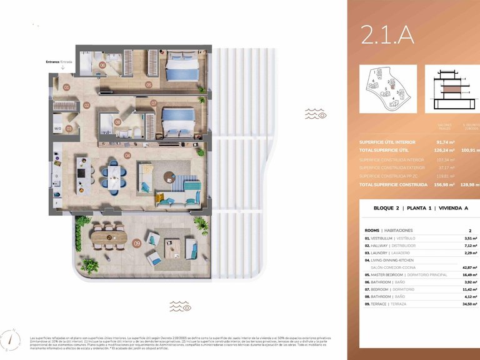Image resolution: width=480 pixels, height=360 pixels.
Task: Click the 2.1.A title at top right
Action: coord(387,36)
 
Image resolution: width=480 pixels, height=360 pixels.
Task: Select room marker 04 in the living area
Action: coord(127,155)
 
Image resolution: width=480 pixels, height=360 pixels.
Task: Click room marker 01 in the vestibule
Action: coord(67,87)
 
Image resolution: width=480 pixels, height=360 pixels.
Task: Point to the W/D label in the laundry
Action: coord(58,129)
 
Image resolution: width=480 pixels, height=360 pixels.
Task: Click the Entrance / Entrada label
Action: coord(59,62)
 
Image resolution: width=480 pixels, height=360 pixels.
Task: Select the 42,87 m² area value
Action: coord(469,267)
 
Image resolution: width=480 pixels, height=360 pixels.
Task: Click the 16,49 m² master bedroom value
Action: coord(469,274)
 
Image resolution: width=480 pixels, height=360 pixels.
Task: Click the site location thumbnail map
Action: coord(387,89)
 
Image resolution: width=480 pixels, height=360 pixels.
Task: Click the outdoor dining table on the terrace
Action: coord(108,238)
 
